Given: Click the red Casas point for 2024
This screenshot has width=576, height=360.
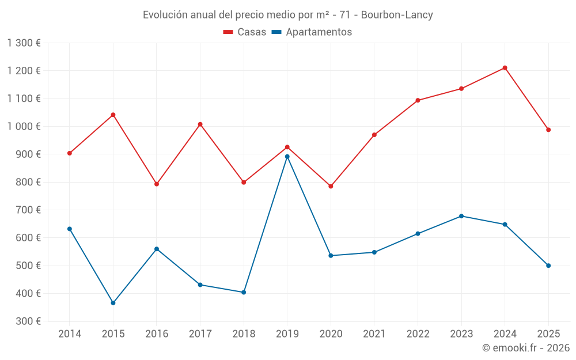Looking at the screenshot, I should pyautogui.click(x=505, y=68).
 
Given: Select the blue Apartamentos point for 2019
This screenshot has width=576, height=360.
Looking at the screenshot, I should pyautogui.click(x=287, y=157).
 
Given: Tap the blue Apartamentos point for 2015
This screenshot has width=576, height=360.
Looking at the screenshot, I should pyautogui.click(x=113, y=303).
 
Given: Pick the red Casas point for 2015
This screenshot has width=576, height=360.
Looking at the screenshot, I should pyautogui.click(x=113, y=115).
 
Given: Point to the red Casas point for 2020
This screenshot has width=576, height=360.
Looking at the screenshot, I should pyautogui.click(x=331, y=187).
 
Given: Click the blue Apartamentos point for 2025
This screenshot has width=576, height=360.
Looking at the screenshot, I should pyautogui.click(x=548, y=266).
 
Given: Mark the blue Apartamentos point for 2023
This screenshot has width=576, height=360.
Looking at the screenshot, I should pyautogui.click(x=461, y=216).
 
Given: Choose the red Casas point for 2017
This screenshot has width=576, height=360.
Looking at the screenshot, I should pyautogui.click(x=200, y=124).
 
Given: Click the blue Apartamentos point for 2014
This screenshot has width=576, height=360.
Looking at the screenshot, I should pyautogui.click(x=70, y=229).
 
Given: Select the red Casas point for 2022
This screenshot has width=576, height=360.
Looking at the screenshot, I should pyautogui.click(x=418, y=100).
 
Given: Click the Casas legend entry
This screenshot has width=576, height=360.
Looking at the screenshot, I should pyautogui.click(x=245, y=32).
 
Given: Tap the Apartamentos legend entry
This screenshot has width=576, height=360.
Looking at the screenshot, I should pyautogui.click(x=312, y=32).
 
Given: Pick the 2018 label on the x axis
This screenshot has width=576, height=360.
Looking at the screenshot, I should pyautogui.click(x=244, y=334).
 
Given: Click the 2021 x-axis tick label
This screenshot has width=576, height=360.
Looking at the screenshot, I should pyautogui.click(x=374, y=334).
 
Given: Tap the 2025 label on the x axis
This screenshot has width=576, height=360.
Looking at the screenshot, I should pyautogui.click(x=548, y=334).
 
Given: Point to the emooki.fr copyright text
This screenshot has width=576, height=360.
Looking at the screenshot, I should pyautogui.click(x=525, y=348).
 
